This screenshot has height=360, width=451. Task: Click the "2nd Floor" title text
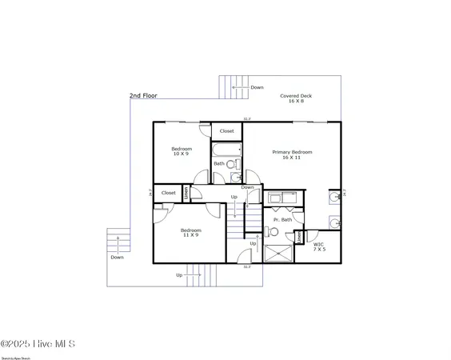click(x=143, y=96)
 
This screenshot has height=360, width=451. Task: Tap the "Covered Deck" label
click(x=296, y=96)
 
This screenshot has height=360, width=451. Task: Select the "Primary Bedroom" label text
click(x=292, y=152)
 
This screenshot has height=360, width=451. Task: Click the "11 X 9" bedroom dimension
click(x=190, y=235)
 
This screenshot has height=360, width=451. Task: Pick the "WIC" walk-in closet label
click(x=318, y=244)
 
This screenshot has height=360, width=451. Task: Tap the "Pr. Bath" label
click(x=282, y=219)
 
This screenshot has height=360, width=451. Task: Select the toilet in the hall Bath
click(x=231, y=164)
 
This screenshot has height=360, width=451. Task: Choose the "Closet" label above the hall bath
click(x=227, y=130)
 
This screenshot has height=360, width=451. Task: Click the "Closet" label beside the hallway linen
click(x=169, y=193)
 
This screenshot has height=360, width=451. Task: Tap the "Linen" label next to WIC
click(x=299, y=238)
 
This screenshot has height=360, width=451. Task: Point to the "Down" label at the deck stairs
click(x=257, y=87)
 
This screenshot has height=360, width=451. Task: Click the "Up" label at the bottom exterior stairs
click(x=179, y=275)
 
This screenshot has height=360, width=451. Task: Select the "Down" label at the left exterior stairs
click(x=118, y=258)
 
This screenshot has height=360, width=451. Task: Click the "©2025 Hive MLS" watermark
click(x=38, y=344)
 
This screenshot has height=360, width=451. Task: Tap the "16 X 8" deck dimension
click(x=296, y=102)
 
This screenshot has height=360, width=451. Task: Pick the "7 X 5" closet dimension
click(x=319, y=250)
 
